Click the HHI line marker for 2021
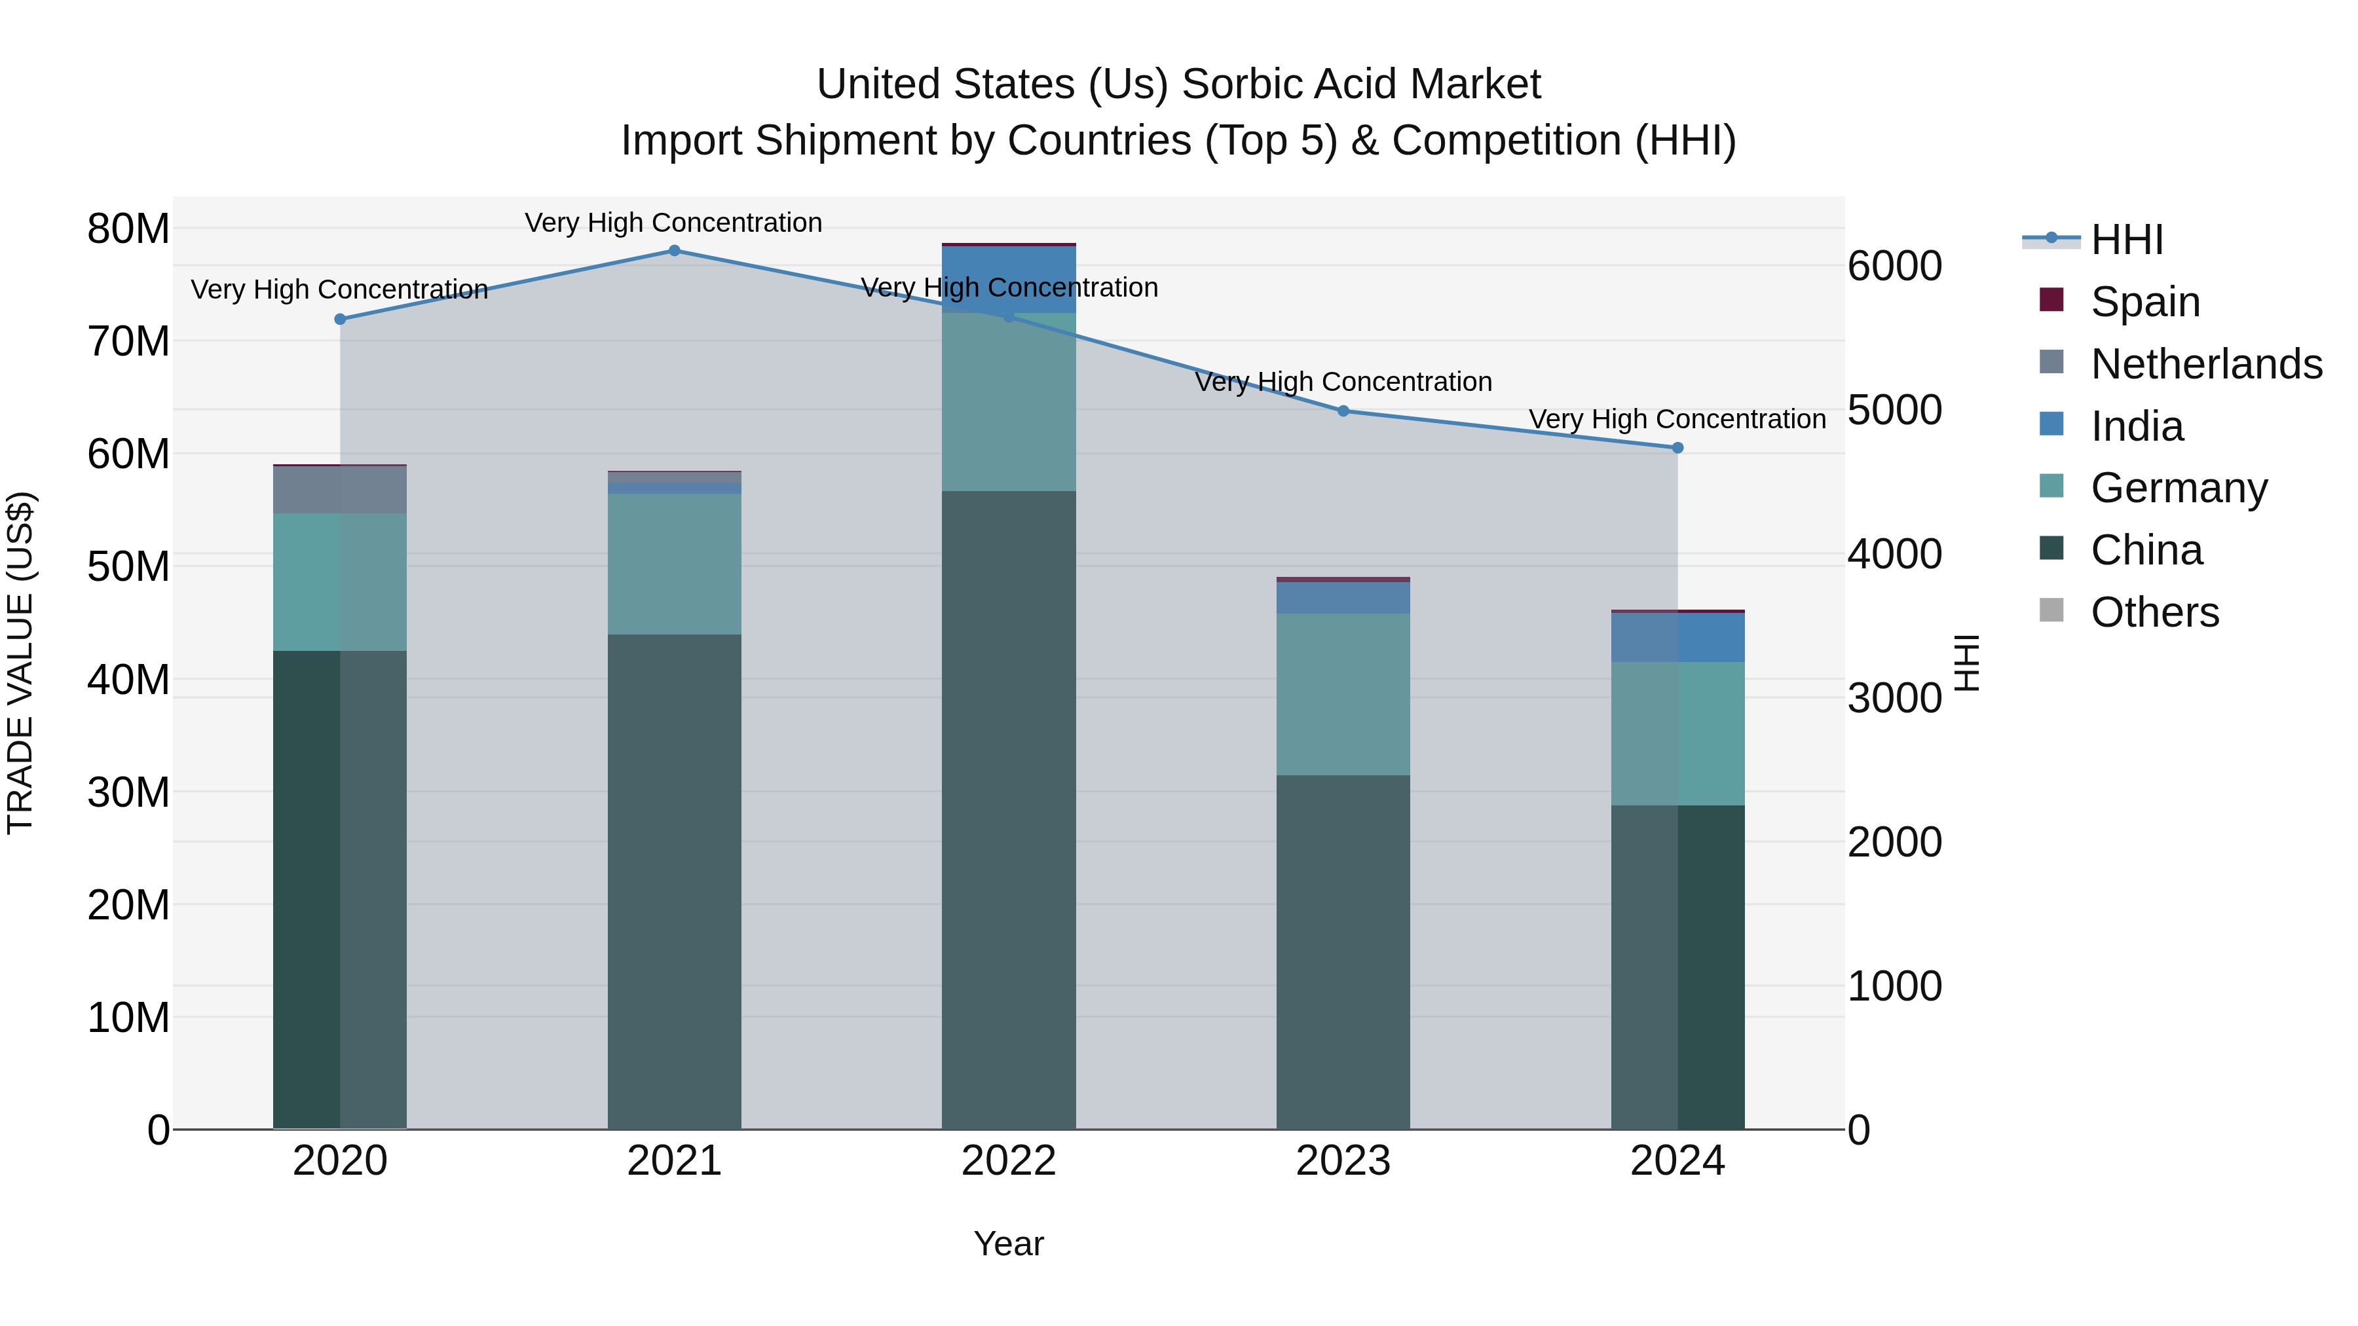[x=674, y=251]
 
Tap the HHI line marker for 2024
[x=1677, y=447]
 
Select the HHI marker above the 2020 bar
[x=339, y=320]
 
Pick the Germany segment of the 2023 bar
[x=1343, y=695]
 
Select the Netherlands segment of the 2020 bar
[x=339, y=490]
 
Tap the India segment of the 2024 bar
[x=1677, y=638]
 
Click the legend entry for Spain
[x=2144, y=302]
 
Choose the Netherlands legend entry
[x=2205, y=364]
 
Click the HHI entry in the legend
[x=2125, y=240]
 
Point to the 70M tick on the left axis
[x=128, y=341]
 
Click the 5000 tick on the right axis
[x=1894, y=411]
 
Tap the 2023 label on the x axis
[x=1343, y=1161]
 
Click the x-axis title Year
[x=1008, y=1243]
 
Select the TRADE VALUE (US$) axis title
[x=20, y=663]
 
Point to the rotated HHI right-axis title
[x=1965, y=663]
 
